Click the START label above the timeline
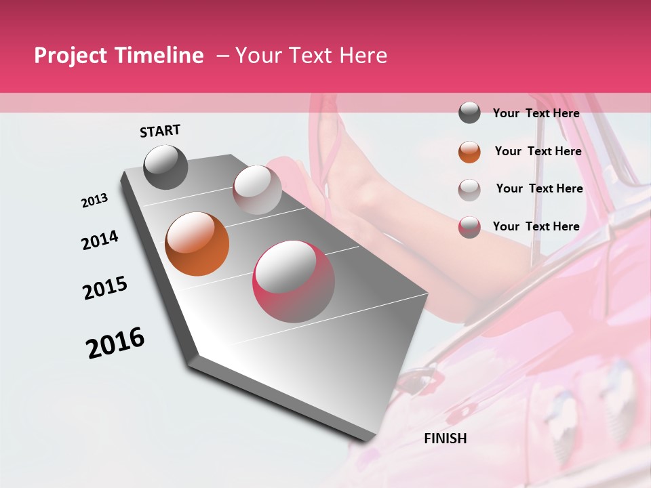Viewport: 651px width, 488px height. [160, 131]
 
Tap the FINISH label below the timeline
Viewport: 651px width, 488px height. [446, 439]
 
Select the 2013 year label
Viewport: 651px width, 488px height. [95, 201]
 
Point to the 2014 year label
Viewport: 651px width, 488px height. [100, 240]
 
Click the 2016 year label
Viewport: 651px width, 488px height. [115, 343]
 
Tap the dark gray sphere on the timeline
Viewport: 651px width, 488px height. [166, 167]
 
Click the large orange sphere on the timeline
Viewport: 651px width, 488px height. [197, 244]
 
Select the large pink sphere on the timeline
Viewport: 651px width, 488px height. [294, 281]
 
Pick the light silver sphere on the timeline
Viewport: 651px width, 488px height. [257, 190]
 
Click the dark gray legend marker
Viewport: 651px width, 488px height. [469, 113]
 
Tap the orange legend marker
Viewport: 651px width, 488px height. [469, 152]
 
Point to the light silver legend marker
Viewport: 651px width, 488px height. [469, 189]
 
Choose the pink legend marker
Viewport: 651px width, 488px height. [469, 227]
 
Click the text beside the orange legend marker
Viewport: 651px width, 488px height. [538, 151]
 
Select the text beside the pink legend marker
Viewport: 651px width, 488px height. [536, 226]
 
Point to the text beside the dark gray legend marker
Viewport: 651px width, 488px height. [536, 113]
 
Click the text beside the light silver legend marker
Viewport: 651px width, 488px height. [539, 188]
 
